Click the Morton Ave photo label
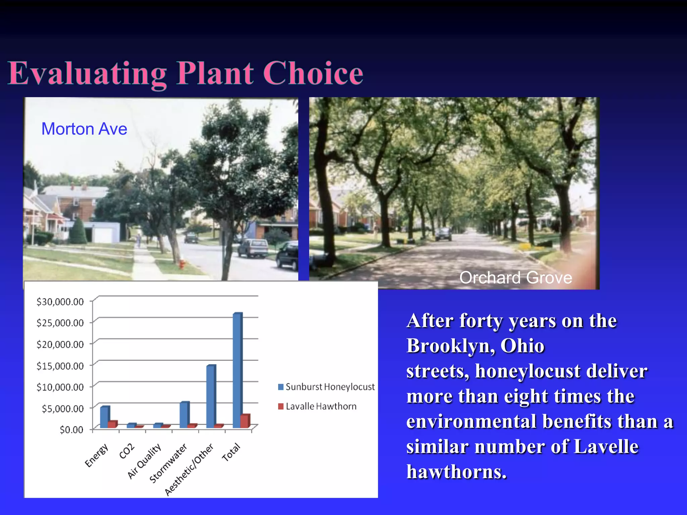pos(84,129)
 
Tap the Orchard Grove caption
pos(515,278)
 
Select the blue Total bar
pos(237,370)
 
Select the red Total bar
pos(245,421)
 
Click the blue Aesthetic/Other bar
pos(211,396)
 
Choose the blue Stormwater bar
pos(184,415)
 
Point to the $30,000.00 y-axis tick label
pos(60,302)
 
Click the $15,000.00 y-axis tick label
pos(60,366)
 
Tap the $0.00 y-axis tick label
pos(71,430)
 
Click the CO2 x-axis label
pos(127,451)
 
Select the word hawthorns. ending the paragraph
pos(456,472)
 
